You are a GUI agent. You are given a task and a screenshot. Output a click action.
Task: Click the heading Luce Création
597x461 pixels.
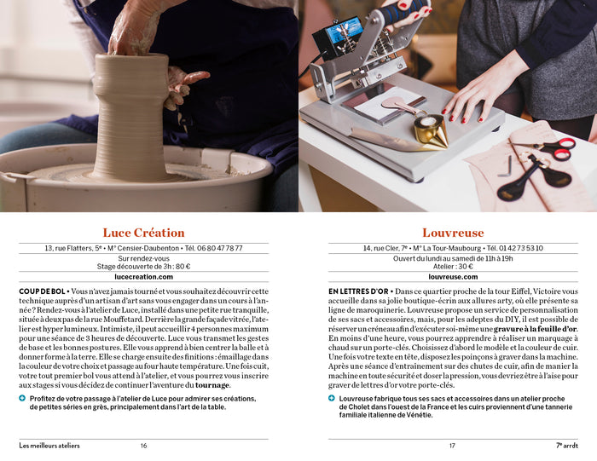(143, 233)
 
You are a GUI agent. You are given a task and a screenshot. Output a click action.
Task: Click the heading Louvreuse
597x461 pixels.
(453, 233)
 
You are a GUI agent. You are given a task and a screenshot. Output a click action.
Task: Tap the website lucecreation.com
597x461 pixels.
(143, 276)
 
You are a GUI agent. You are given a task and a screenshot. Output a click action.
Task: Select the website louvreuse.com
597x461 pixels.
(453, 276)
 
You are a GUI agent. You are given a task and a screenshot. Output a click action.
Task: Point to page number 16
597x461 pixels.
(143, 445)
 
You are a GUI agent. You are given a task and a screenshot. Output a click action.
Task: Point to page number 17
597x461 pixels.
(453, 445)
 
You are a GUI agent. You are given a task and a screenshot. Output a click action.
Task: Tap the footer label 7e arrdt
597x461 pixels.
(566, 445)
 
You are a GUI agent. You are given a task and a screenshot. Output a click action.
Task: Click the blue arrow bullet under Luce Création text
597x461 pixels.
(22, 398)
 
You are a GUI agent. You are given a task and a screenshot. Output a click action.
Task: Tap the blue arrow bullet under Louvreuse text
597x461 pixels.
(332, 398)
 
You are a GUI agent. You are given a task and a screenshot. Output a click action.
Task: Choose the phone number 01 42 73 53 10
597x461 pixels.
(517, 248)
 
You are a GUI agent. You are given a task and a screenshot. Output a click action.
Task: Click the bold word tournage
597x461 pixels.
(212, 384)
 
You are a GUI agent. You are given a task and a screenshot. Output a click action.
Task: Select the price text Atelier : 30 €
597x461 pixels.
(453, 267)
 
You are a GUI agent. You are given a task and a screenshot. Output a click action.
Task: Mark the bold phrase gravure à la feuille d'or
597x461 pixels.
(535, 329)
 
